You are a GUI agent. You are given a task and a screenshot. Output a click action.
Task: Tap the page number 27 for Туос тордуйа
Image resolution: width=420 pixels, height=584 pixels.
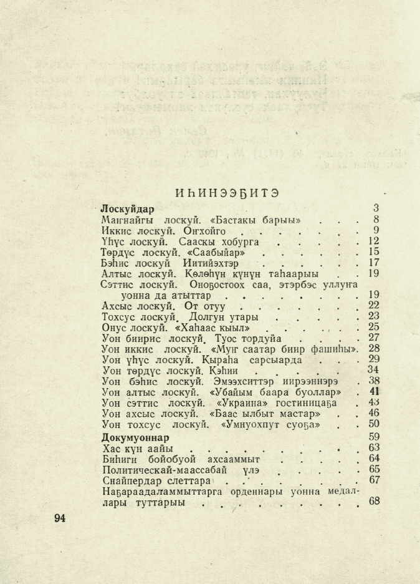click(374, 338)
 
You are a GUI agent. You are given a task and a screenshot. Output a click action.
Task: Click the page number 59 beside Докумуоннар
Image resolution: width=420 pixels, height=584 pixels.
click(374, 436)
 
